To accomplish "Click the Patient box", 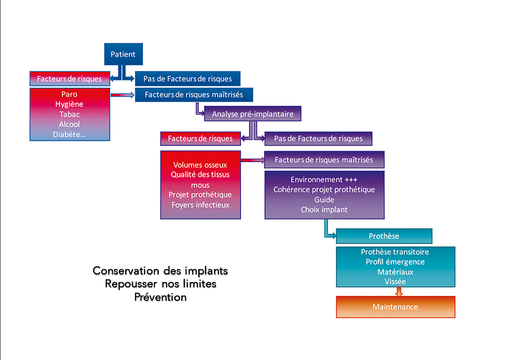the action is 123,54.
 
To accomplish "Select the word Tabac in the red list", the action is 69,114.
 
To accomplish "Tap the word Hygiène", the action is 69,104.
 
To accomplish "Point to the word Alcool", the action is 69,124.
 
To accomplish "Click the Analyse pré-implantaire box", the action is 253,114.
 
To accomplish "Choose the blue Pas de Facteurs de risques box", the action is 187,79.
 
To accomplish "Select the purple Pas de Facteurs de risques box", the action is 318,138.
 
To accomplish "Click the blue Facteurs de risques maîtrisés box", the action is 194,95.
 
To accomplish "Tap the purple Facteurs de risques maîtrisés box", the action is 324,160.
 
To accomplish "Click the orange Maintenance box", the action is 395,307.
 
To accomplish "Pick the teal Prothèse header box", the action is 384,236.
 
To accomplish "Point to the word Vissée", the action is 395,281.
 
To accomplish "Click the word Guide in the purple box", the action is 324,199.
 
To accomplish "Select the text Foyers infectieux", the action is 200,205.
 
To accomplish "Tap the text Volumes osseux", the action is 200,165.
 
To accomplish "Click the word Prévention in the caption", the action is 160,297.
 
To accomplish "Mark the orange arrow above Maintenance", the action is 399,292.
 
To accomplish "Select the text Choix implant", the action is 324,210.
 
